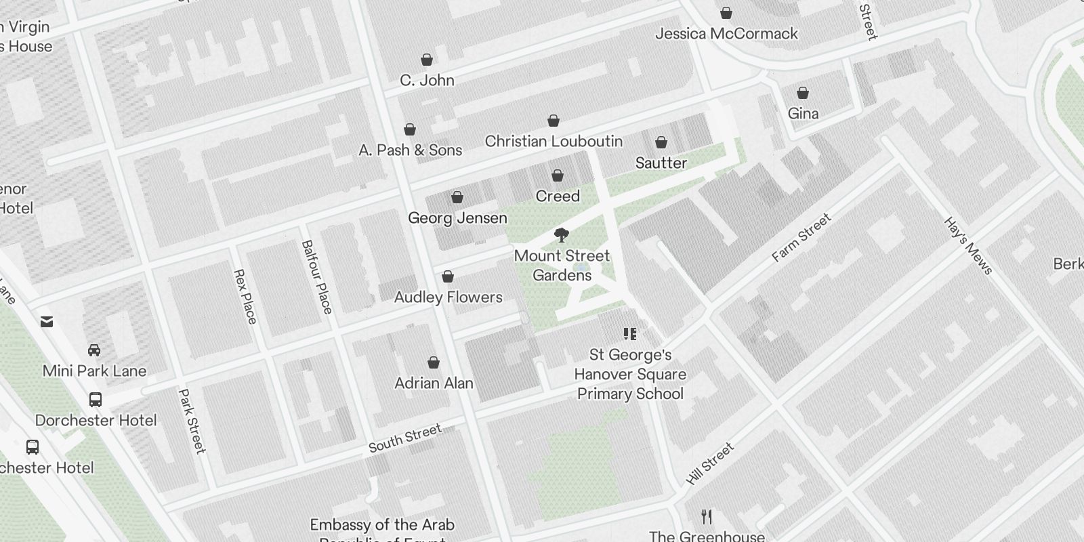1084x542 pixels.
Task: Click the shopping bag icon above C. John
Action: tap(427, 60)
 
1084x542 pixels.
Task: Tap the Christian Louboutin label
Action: tap(554, 141)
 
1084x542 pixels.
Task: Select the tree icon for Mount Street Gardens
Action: tap(561, 235)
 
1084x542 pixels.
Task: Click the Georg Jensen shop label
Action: tap(457, 218)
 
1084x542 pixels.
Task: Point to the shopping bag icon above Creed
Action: tap(558, 176)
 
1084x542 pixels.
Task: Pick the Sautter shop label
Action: tap(661, 163)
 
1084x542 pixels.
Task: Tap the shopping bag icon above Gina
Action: tap(803, 93)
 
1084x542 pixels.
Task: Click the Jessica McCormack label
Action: tap(726, 33)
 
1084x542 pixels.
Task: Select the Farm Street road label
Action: tap(801, 238)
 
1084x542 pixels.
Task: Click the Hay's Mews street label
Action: tap(968, 246)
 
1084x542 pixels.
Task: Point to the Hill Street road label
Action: tap(709, 463)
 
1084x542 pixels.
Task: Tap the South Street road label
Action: tap(404, 438)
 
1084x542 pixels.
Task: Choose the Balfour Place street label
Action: tap(317, 276)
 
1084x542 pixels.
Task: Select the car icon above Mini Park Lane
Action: tap(94, 350)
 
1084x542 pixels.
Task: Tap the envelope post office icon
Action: tap(47, 322)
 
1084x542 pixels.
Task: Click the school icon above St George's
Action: tap(630, 334)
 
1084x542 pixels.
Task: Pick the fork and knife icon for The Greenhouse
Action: tap(707, 517)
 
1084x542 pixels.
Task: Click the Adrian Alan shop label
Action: tap(434, 383)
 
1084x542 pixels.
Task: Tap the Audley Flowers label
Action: tap(448, 297)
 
